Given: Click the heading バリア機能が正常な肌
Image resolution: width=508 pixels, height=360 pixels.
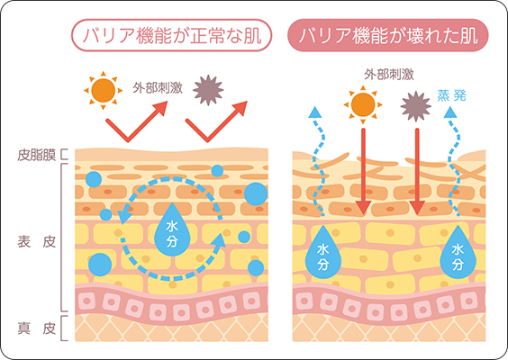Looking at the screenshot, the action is (171, 35).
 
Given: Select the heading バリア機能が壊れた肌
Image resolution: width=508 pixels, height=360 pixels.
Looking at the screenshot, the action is (388, 35).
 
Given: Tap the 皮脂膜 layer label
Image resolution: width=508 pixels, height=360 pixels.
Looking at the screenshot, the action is (36, 155).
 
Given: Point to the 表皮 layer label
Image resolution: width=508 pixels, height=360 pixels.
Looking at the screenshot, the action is (36, 242).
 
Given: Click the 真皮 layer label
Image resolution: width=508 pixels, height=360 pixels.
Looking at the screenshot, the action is (36, 328).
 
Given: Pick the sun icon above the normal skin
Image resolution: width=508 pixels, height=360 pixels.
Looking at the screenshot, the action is (103, 91).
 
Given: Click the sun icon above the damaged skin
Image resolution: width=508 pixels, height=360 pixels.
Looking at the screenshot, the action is (363, 104).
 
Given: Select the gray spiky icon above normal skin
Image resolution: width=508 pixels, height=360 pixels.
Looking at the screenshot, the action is (208, 90).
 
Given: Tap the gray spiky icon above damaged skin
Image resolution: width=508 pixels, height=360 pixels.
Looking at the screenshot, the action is (415, 106).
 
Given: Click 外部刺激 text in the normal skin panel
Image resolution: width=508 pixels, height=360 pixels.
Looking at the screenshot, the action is (158, 88).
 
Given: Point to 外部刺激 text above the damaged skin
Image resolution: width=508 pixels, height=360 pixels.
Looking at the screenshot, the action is (389, 75).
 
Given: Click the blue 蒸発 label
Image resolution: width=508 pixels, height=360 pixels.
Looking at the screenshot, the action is (451, 95).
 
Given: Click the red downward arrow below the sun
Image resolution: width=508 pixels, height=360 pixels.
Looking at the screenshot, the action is (363, 172).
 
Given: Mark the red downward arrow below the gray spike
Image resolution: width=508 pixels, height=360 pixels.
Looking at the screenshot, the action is (417, 172).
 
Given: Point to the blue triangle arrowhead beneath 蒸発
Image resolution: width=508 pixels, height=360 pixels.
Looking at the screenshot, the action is (450, 112).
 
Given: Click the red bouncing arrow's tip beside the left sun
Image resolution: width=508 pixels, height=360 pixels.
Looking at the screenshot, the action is (168, 102).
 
